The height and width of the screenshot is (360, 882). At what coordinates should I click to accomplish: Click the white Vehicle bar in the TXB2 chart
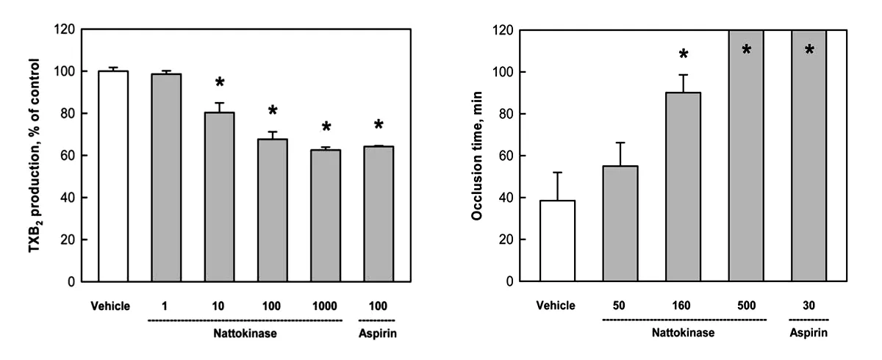click(109, 176)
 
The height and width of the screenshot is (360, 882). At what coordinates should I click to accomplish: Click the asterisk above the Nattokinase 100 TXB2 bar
click(272, 112)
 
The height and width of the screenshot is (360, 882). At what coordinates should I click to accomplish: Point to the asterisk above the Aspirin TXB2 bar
click(379, 124)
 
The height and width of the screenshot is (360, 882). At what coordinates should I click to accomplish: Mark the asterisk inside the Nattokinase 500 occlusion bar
click(746, 50)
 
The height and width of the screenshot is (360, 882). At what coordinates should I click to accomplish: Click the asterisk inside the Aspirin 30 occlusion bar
click(809, 50)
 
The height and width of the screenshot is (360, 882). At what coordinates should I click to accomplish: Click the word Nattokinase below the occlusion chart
click(684, 333)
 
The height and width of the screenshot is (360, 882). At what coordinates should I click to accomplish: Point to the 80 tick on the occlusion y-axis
click(506, 114)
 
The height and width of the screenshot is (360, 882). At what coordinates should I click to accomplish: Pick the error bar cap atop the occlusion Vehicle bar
click(558, 173)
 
